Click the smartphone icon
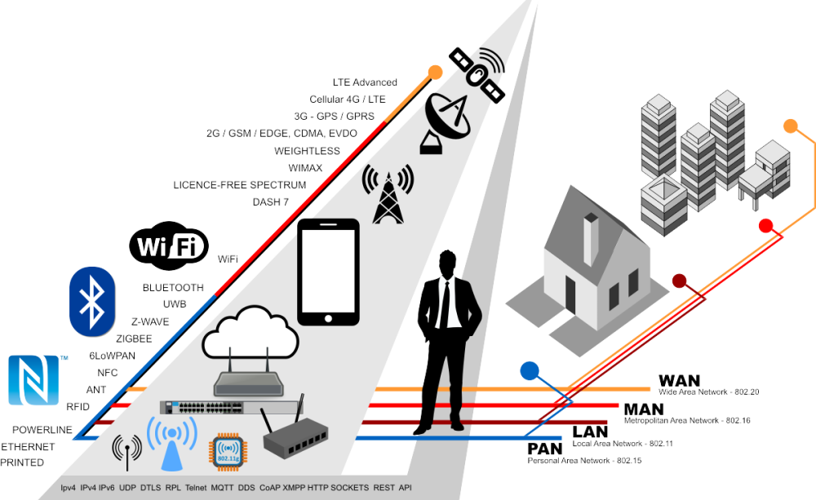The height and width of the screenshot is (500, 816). (x=329, y=272)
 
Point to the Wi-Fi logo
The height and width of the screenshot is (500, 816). (x=170, y=246)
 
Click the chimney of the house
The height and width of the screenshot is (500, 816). (x=591, y=239)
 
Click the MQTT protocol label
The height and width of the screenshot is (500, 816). (x=220, y=487)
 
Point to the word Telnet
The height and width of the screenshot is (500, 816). (x=195, y=487)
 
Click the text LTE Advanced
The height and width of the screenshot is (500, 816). (x=364, y=82)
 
